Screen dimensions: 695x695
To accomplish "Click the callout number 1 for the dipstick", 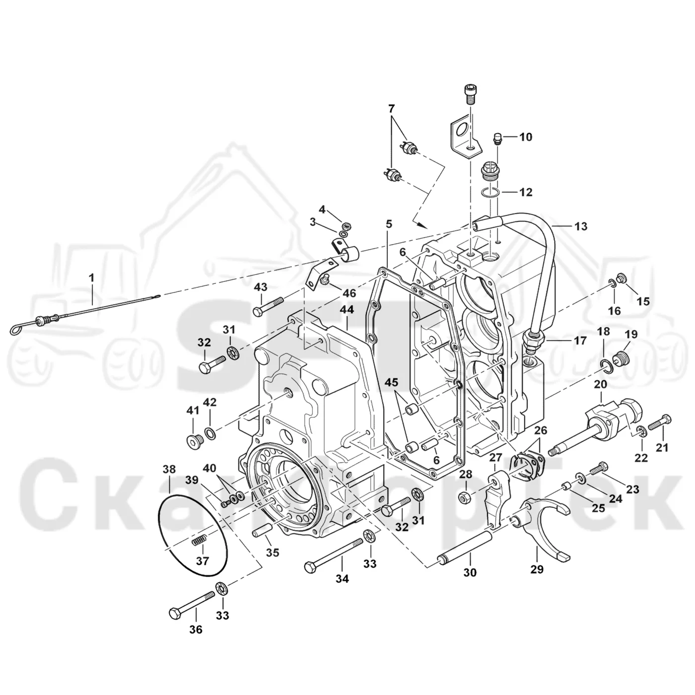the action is (92, 278).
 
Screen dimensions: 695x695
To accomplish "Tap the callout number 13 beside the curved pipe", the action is (581, 226).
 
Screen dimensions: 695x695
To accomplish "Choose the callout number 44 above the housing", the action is (347, 310).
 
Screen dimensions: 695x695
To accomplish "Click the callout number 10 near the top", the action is (526, 137).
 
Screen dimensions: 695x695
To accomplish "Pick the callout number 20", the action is (601, 385).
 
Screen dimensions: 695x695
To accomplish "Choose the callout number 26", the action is (541, 430).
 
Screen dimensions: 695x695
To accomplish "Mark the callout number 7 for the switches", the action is (391, 108).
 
